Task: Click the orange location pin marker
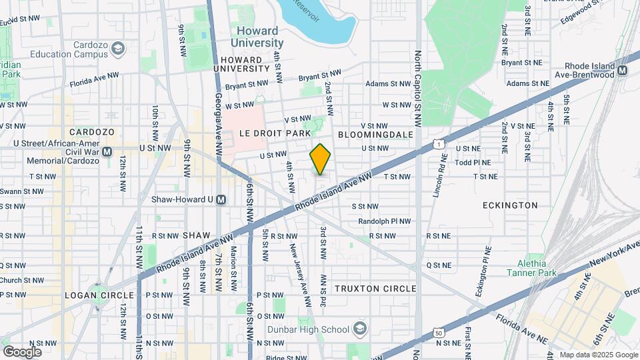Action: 320,159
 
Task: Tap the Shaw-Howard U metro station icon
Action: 223,199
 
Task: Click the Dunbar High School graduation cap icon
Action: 360,329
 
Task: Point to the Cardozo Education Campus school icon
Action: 118,48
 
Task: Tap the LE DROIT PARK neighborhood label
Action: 271,133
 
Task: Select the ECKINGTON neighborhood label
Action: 510,205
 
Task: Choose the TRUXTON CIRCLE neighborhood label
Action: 375,289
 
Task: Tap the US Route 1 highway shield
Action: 437,143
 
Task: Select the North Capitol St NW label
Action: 418,89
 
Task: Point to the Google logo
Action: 22,351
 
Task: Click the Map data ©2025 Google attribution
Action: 597,355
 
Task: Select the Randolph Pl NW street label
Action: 377,221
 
